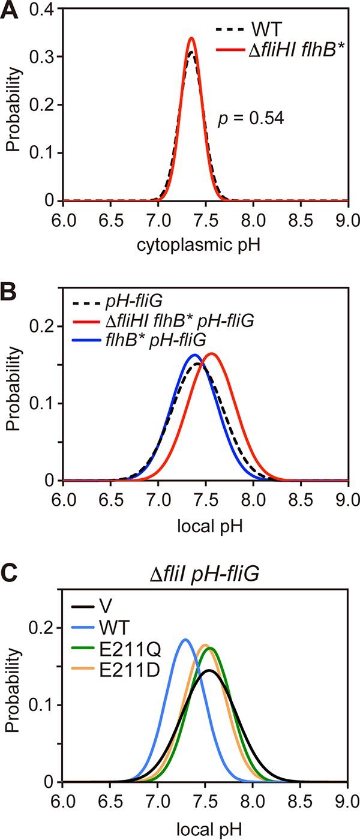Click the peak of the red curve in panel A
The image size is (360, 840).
191,38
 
